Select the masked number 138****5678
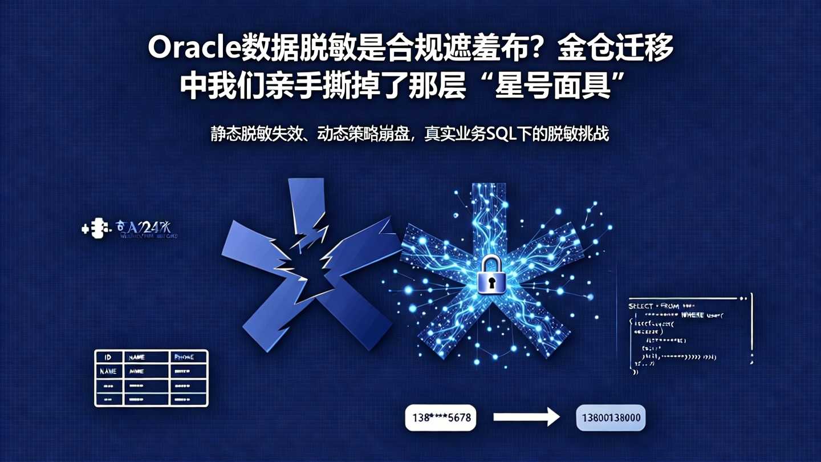pyautogui.click(x=440, y=418)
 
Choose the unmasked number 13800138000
pyautogui.click(x=611, y=418)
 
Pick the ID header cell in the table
pyautogui.click(x=108, y=357)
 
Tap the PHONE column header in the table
pyautogui.click(x=185, y=357)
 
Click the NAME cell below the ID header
pyautogui.click(x=108, y=371)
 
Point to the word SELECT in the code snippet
pyautogui.click(x=640, y=306)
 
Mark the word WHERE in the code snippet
pyautogui.click(x=693, y=315)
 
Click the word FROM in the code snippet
pyautogui.click(x=670, y=306)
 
